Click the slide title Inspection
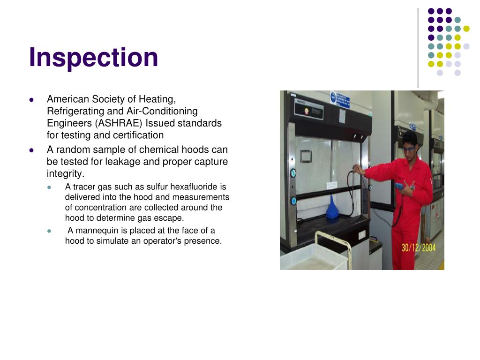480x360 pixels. (94, 57)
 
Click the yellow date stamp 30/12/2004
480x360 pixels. (418, 247)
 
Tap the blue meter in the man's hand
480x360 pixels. (399, 187)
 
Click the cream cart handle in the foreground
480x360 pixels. (333, 239)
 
